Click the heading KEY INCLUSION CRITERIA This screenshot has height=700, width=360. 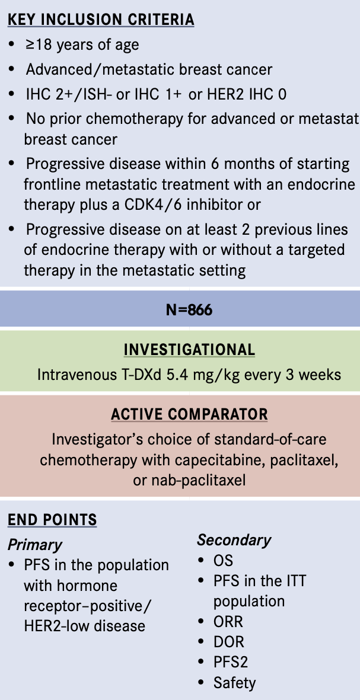pos(101,20)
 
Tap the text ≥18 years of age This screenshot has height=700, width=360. pos(82,45)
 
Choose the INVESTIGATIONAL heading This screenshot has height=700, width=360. pos(189,350)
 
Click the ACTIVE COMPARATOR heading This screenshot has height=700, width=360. pos(189,414)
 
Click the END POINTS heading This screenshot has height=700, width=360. pos(52,520)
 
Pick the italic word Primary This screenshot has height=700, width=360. pos(35,545)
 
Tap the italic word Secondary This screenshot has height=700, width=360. pos(234,540)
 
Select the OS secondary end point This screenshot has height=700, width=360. pos(223,560)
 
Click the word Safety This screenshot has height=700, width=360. pos(234,683)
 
